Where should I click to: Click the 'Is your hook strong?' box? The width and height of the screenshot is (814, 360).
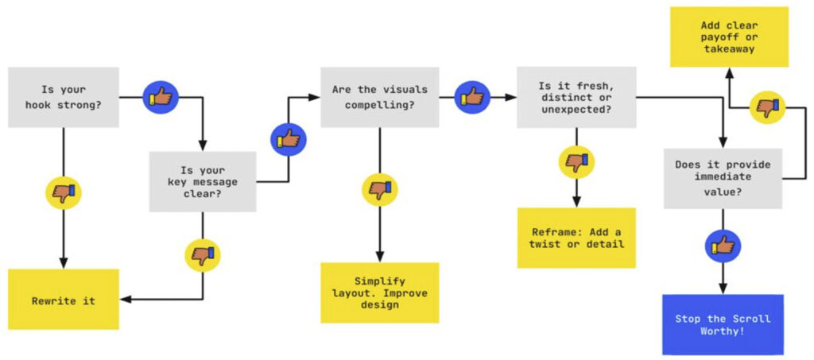64,97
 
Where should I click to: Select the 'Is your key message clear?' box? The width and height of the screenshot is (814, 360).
203,182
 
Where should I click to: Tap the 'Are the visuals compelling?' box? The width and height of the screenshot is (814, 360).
379,97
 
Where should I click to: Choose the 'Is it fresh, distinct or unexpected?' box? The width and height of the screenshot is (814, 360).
576,97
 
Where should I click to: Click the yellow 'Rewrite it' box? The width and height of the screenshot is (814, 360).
64,300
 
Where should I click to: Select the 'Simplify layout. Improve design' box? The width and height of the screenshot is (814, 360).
379,292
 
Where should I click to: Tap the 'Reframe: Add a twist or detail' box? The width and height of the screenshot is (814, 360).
576,237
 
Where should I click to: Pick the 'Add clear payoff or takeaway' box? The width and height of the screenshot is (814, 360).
729,37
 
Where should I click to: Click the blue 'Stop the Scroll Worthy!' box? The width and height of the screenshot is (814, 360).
723,324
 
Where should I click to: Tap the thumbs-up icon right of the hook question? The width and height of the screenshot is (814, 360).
160,97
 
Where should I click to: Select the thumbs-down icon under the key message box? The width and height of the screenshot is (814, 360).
203,255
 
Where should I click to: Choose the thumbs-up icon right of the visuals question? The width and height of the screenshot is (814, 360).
472,97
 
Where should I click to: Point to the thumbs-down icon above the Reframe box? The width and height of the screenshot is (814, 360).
576,162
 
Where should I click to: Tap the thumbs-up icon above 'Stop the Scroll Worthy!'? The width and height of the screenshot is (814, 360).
723,247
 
